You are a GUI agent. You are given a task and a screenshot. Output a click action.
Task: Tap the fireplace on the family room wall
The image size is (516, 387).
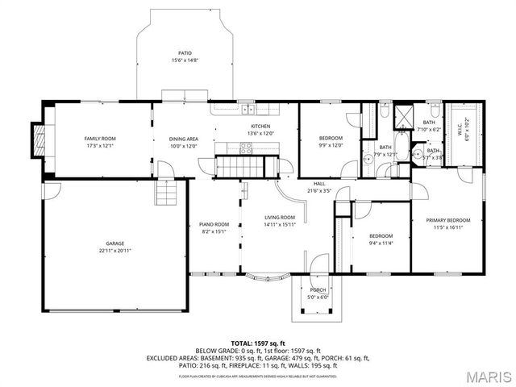(36, 139)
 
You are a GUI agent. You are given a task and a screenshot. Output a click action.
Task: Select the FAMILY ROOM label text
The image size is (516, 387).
(101, 139)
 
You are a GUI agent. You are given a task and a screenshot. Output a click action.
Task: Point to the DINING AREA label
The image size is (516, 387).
(183, 139)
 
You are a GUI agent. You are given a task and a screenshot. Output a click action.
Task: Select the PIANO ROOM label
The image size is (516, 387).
(214, 224)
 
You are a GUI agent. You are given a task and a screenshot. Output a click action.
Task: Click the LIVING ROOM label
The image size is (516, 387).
(280, 218)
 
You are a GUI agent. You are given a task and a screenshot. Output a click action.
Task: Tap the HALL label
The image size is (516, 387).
(319, 184)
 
